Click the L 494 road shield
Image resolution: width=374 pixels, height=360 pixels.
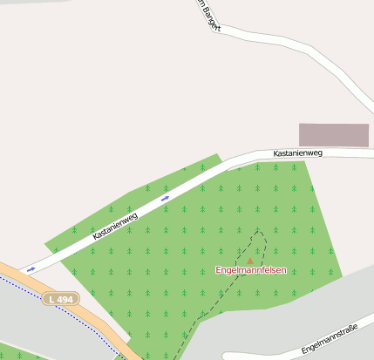(60, 299)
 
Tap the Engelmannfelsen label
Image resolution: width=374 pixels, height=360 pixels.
(251, 270)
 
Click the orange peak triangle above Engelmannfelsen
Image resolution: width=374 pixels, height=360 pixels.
(250, 261)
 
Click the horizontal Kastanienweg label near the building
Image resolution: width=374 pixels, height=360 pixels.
(297, 153)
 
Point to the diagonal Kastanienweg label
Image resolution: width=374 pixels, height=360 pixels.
(116, 226)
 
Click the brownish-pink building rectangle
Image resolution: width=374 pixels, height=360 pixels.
(334, 135)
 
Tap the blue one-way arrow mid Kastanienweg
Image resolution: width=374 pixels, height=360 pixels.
(165, 199)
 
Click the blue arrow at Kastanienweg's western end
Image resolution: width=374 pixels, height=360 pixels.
(31, 269)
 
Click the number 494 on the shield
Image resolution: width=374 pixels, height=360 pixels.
(65, 299)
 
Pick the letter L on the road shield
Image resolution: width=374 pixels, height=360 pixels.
(52, 299)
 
